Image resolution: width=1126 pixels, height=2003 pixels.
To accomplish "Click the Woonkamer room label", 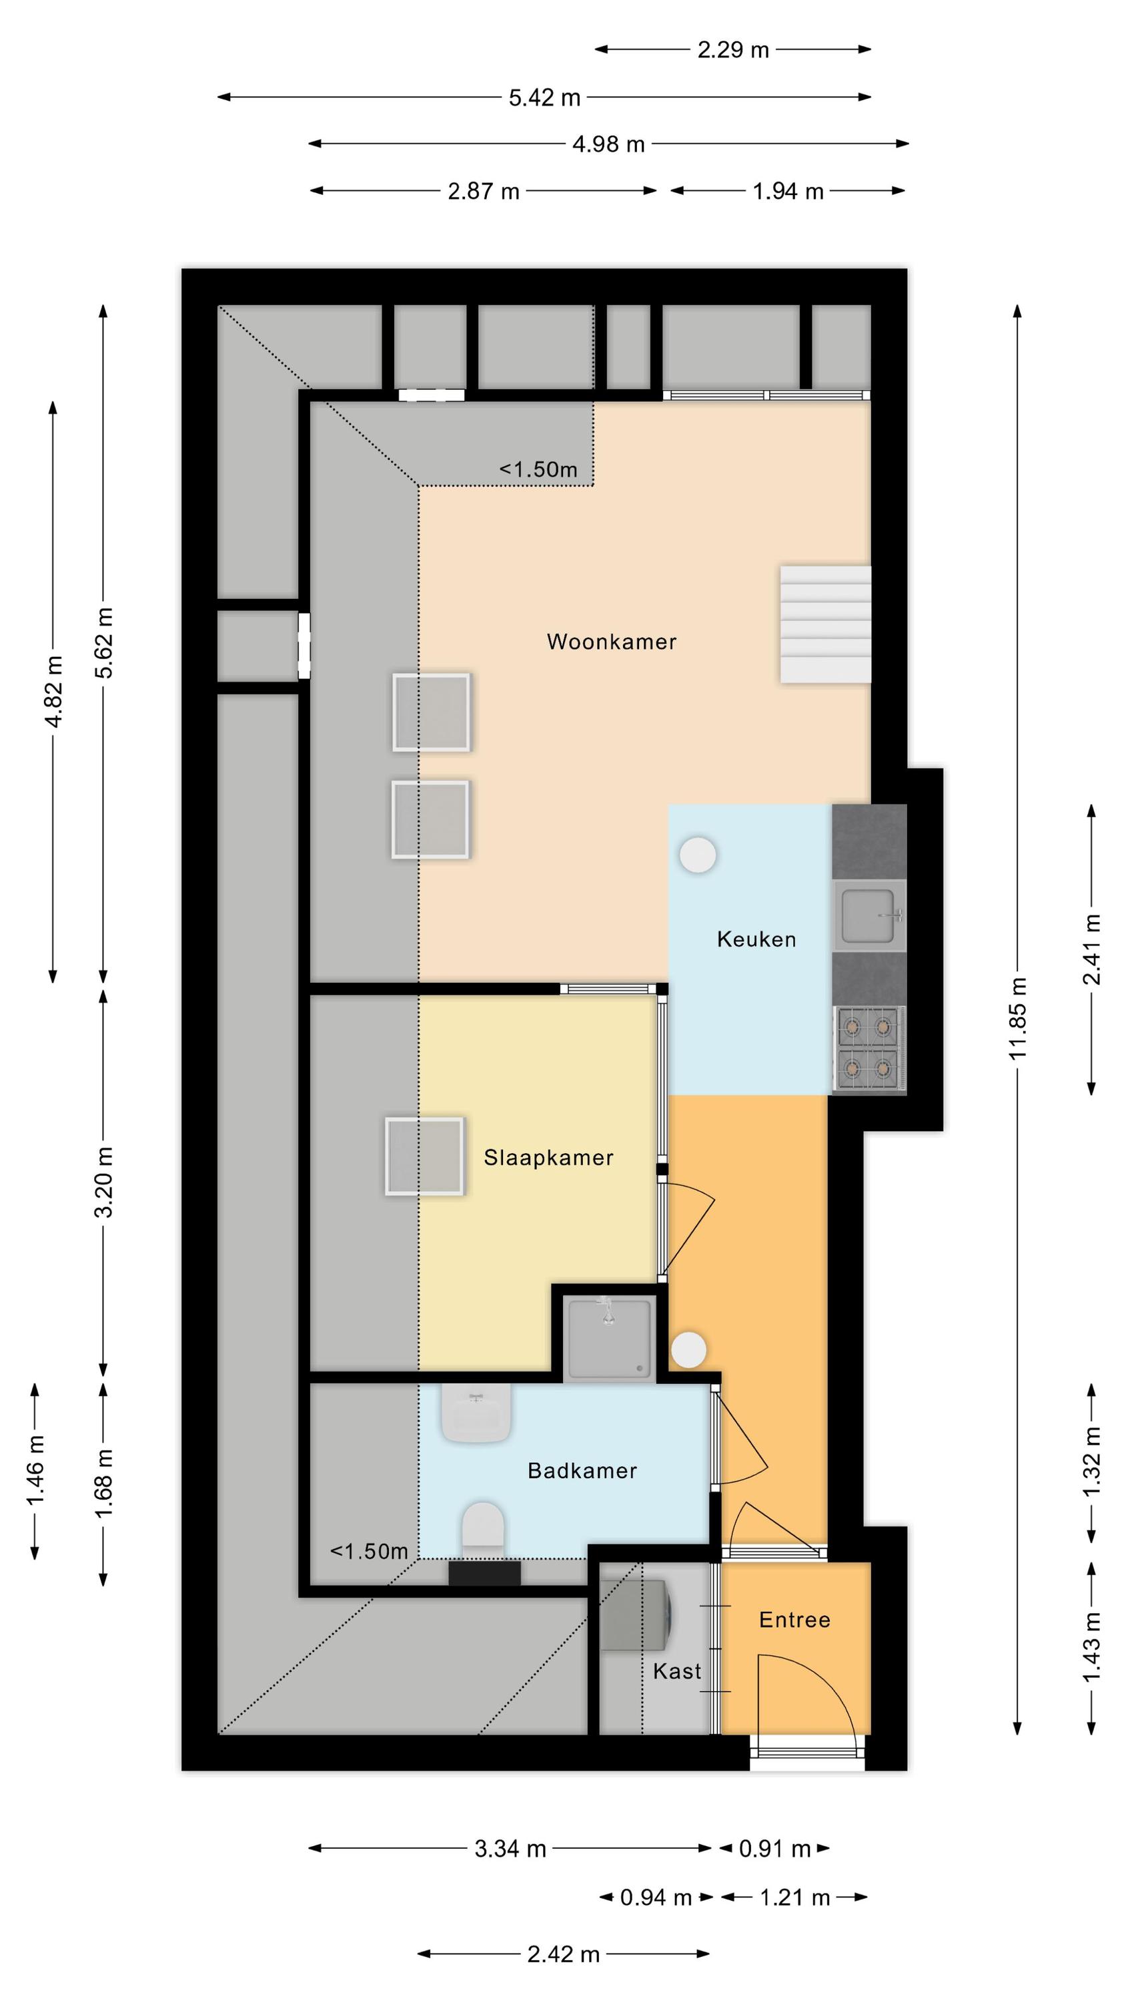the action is (x=612, y=642).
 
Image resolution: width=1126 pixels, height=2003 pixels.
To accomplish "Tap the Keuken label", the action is (x=756, y=939).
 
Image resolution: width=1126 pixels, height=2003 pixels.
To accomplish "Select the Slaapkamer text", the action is (x=548, y=1158).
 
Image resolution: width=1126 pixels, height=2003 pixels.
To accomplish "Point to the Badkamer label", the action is (x=582, y=1470).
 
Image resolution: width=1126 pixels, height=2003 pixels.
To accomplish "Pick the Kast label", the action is (x=677, y=1671).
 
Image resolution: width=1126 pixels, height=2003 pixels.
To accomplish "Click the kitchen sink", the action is (x=870, y=915).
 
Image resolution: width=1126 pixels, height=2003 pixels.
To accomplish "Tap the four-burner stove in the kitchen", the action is (x=870, y=1048).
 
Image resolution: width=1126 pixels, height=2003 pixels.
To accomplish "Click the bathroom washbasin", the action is (x=476, y=1413).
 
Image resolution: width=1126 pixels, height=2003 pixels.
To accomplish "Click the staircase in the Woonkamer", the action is (x=825, y=624).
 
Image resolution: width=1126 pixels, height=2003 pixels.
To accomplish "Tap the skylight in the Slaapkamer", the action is (x=424, y=1156).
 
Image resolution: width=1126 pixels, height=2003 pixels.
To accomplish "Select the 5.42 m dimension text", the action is (x=545, y=98).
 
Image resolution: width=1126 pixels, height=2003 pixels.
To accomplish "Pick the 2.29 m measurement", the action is (x=733, y=51).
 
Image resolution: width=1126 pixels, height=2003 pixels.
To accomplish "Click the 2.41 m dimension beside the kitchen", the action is (x=1092, y=949).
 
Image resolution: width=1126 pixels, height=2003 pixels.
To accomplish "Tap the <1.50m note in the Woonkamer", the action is (x=538, y=469).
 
